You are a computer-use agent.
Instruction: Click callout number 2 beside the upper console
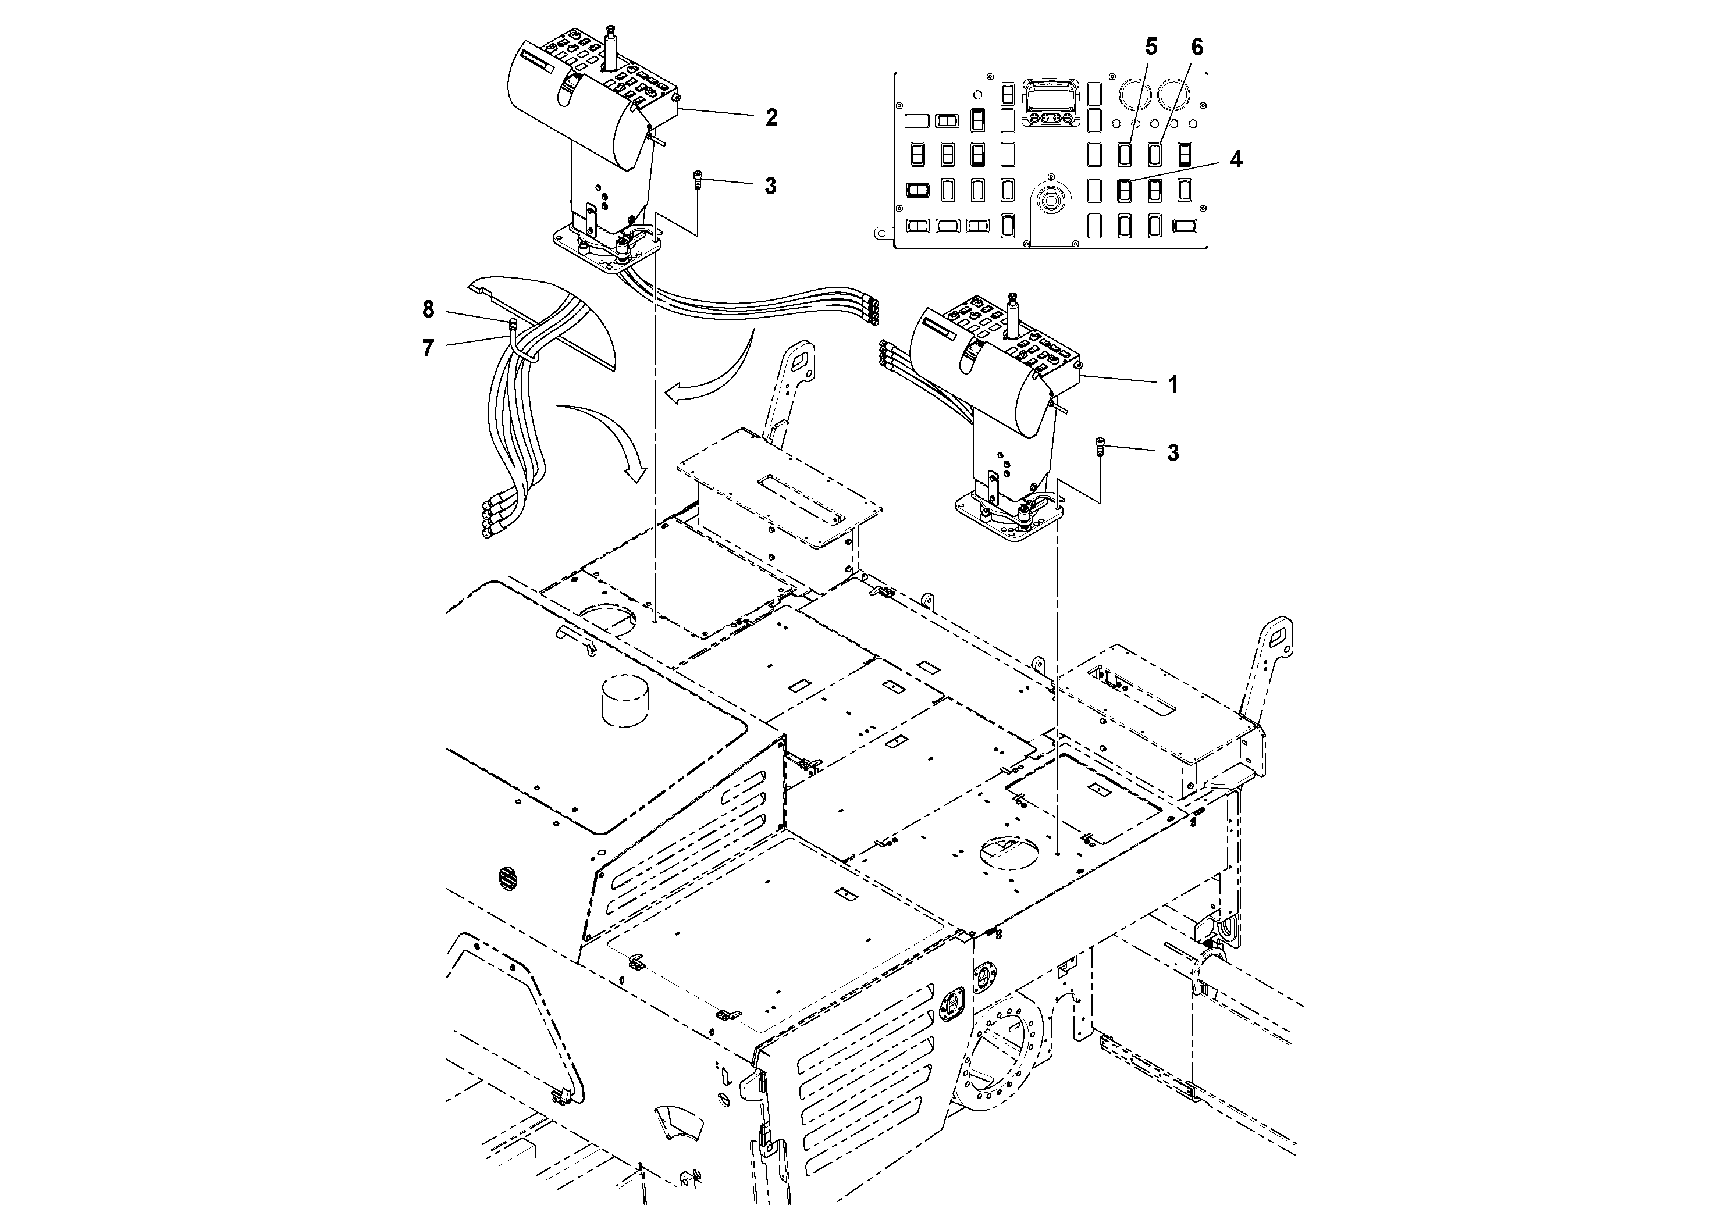pyautogui.click(x=771, y=117)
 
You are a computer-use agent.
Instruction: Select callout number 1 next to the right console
pyautogui.click(x=1173, y=386)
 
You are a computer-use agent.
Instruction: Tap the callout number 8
pyautogui.click(x=428, y=309)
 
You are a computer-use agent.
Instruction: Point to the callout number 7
pyautogui.click(x=428, y=348)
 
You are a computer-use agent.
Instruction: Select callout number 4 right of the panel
pyautogui.click(x=1236, y=160)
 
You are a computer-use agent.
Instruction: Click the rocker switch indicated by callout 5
pyautogui.click(x=1124, y=155)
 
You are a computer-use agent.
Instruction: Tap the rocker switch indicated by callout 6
pyautogui.click(x=1154, y=155)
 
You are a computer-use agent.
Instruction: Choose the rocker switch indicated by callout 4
pyautogui.click(x=1124, y=190)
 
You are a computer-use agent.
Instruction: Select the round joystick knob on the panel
pyautogui.click(x=1051, y=201)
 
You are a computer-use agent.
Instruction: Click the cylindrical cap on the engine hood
pyautogui.click(x=625, y=700)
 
